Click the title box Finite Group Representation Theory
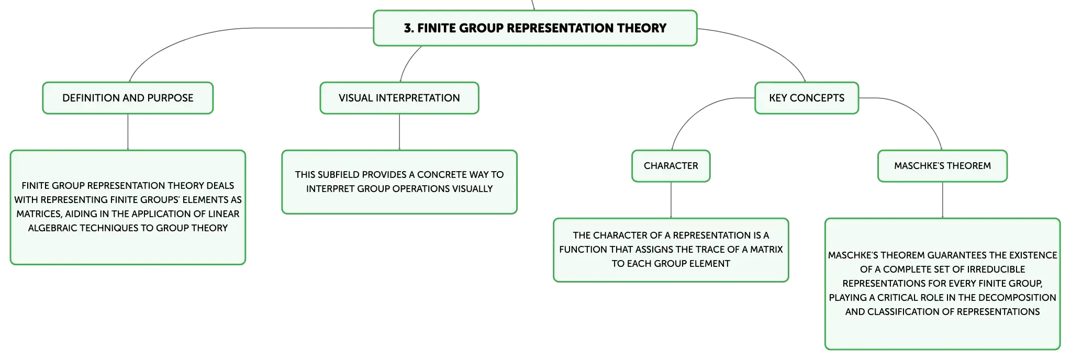[535, 28]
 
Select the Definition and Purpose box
[128, 98]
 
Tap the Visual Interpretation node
[399, 98]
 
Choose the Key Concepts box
[807, 98]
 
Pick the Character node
[671, 166]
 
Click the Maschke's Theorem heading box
[942, 166]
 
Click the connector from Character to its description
[671, 200]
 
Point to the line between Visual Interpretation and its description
[399, 132]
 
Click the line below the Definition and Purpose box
[128, 132]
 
